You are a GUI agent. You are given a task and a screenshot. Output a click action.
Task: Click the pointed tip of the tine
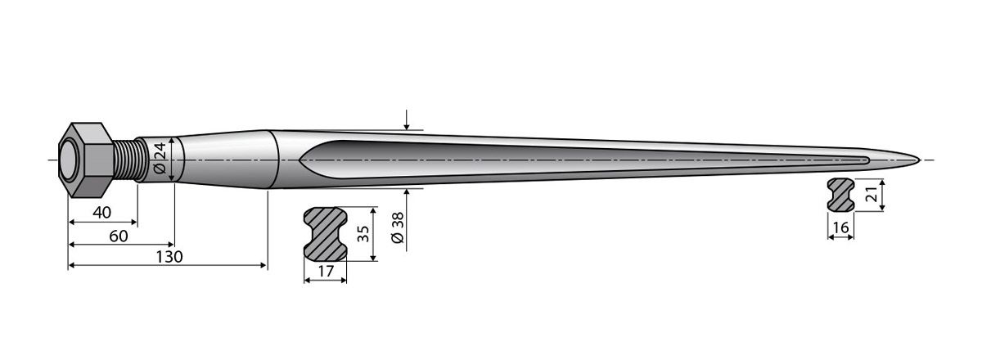click(x=918, y=159)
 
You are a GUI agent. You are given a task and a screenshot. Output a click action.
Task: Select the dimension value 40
click(x=101, y=213)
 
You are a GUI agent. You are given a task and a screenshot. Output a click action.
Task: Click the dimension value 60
click(x=118, y=236)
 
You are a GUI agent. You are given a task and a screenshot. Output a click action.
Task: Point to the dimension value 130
click(x=169, y=256)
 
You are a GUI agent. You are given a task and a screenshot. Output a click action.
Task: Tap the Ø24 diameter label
click(x=159, y=159)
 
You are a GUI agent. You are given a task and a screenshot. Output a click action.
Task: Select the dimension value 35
click(x=363, y=234)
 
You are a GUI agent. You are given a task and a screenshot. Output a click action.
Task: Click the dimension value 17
click(x=325, y=271)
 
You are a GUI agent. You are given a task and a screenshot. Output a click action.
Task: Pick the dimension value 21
click(x=872, y=194)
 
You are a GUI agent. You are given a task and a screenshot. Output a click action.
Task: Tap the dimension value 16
click(x=840, y=228)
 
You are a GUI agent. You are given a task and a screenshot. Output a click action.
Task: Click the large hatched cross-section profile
click(x=325, y=234)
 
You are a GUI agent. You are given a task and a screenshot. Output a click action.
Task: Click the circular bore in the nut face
click(x=70, y=160)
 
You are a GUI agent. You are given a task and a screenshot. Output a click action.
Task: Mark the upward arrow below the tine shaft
click(x=407, y=195)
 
